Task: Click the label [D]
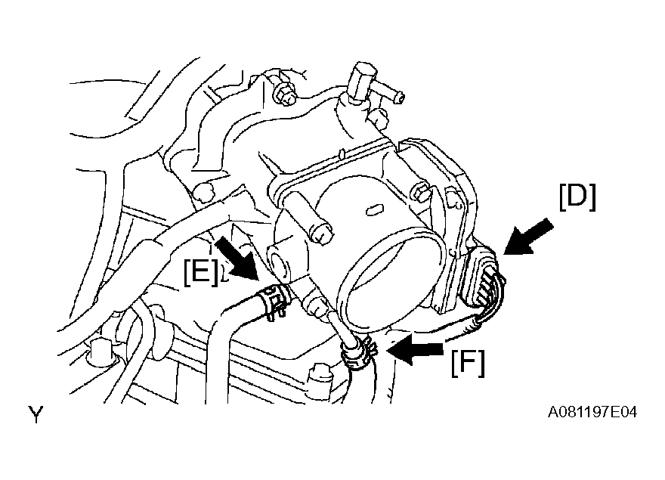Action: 577,197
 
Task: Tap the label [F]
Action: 468,362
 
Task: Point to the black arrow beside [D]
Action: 527,237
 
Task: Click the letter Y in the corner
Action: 36,414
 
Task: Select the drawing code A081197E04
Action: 592,412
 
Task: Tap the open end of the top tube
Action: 400,98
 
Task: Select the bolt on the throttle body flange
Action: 422,194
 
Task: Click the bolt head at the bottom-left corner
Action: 99,350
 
